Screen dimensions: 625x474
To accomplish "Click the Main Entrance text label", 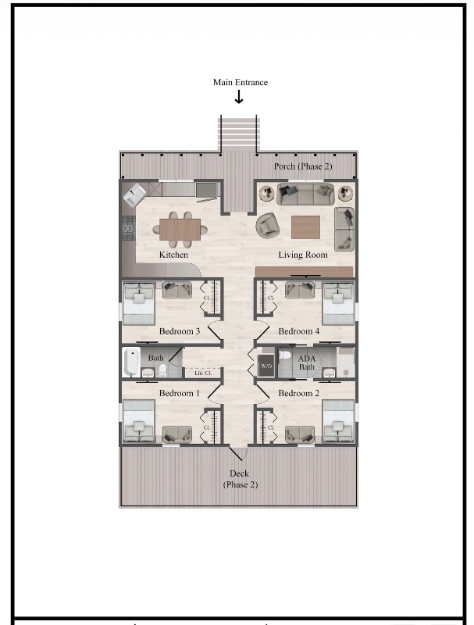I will [x=240, y=82].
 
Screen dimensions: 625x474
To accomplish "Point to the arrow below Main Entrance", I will [x=239, y=97].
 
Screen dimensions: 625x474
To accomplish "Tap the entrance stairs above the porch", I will [x=239, y=133].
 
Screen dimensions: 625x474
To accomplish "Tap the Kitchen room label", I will [x=173, y=255].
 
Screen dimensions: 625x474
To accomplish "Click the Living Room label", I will [x=303, y=255].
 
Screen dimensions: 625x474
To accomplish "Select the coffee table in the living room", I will [x=305, y=227].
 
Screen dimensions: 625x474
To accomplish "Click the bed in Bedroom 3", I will [x=140, y=304].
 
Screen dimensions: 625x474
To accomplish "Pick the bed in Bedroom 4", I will [x=337, y=304].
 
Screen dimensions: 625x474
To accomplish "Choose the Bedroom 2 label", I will [x=298, y=393].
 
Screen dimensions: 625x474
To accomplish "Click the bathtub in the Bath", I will [x=131, y=363].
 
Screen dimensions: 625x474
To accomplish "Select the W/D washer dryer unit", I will [x=266, y=366].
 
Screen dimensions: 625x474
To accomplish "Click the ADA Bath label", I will [x=306, y=362].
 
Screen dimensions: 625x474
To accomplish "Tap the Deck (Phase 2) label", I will [x=239, y=479].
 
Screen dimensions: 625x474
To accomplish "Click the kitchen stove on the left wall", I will [x=127, y=228].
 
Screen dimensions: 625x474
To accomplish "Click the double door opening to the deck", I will [x=239, y=452].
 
